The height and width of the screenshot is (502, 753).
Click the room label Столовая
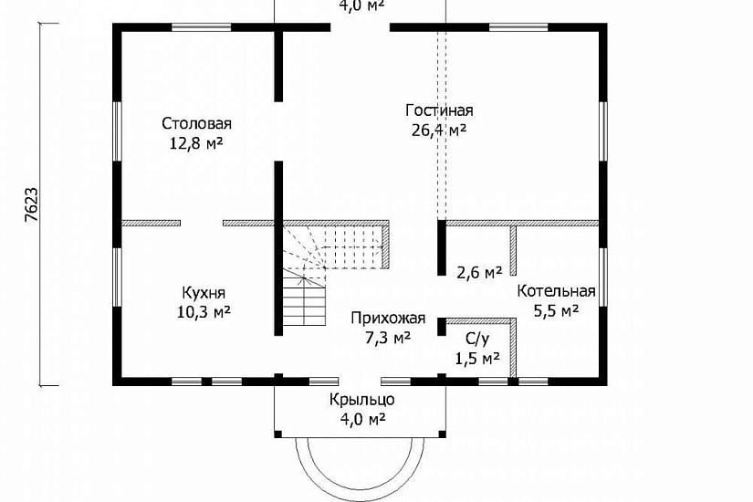(x=197, y=123)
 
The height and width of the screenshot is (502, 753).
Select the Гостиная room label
(x=439, y=110)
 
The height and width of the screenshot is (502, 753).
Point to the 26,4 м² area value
(x=439, y=130)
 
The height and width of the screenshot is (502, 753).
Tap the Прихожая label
(x=388, y=319)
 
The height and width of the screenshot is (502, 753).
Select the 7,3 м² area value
(x=388, y=337)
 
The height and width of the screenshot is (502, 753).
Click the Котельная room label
(x=556, y=292)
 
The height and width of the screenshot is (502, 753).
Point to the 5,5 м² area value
(x=556, y=311)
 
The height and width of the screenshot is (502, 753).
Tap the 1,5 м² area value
(x=476, y=358)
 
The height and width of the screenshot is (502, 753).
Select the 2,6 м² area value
(x=479, y=272)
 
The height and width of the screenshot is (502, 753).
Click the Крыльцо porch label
(x=362, y=400)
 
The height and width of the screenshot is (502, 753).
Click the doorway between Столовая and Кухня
(x=202, y=222)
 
